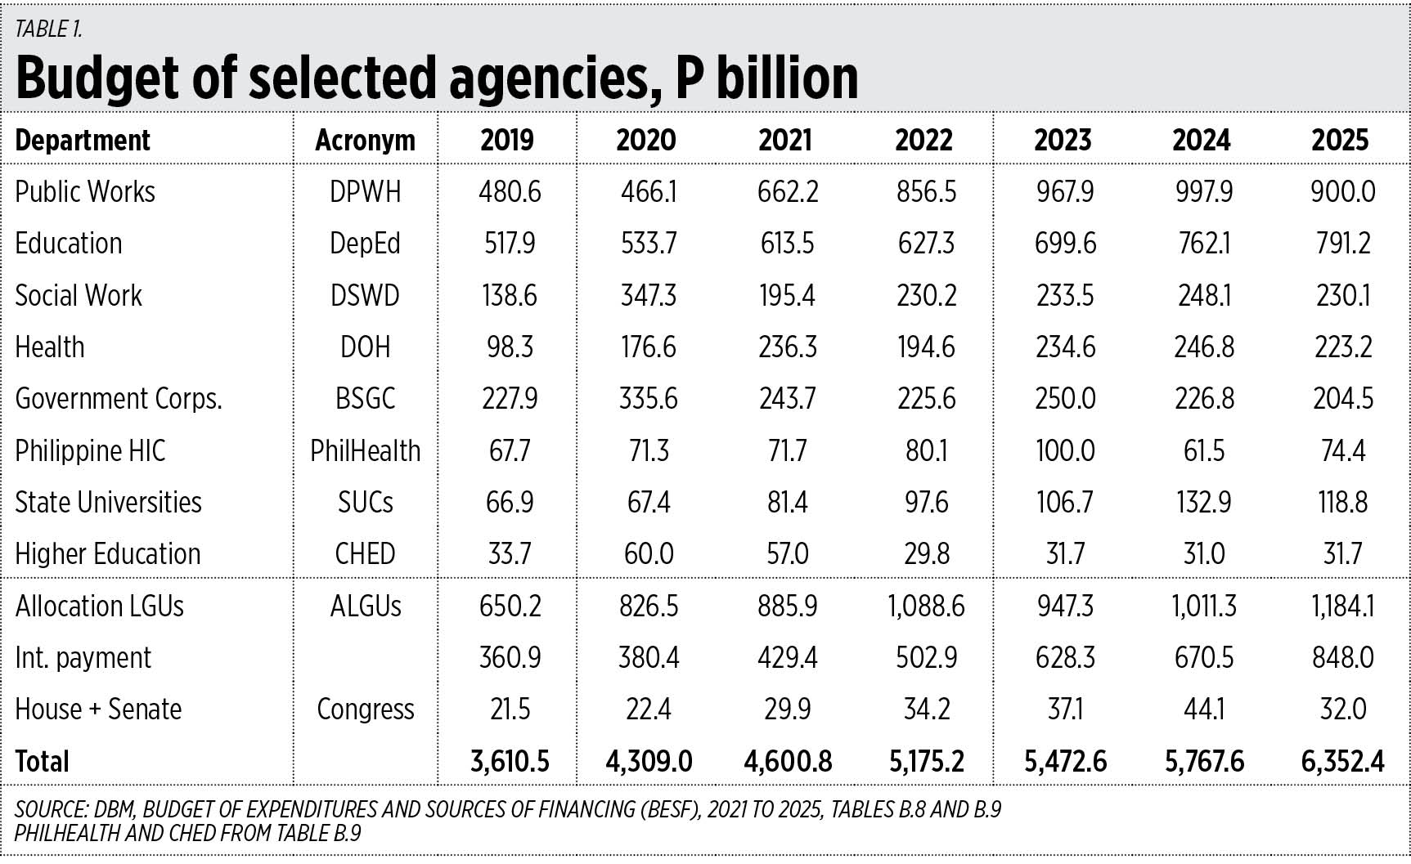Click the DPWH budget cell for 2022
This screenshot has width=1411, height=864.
click(926, 192)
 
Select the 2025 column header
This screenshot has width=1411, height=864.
click(1340, 141)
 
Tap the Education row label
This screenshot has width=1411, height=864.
click(69, 244)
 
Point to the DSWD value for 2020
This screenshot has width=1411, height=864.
click(649, 295)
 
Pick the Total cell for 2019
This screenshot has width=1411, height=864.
click(510, 762)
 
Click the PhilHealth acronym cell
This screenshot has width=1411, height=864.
click(365, 450)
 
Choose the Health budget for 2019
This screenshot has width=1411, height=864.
click(510, 347)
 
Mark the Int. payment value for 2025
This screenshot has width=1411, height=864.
click(1342, 658)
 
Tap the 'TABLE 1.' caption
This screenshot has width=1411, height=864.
click(48, 29)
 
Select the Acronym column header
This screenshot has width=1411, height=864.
click(365, 141)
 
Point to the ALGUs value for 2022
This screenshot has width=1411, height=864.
click(926, 607)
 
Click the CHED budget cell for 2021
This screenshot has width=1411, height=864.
click(787, 554)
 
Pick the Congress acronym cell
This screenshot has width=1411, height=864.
click(365, 710)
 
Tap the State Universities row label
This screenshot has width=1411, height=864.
click(108, 503)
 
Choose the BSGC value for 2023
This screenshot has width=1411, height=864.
click(1065, 399)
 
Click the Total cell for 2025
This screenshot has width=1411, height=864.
click(1342, 762)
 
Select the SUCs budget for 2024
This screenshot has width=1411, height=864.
click(1204, 503)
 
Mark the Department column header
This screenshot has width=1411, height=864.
click(83, 141)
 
